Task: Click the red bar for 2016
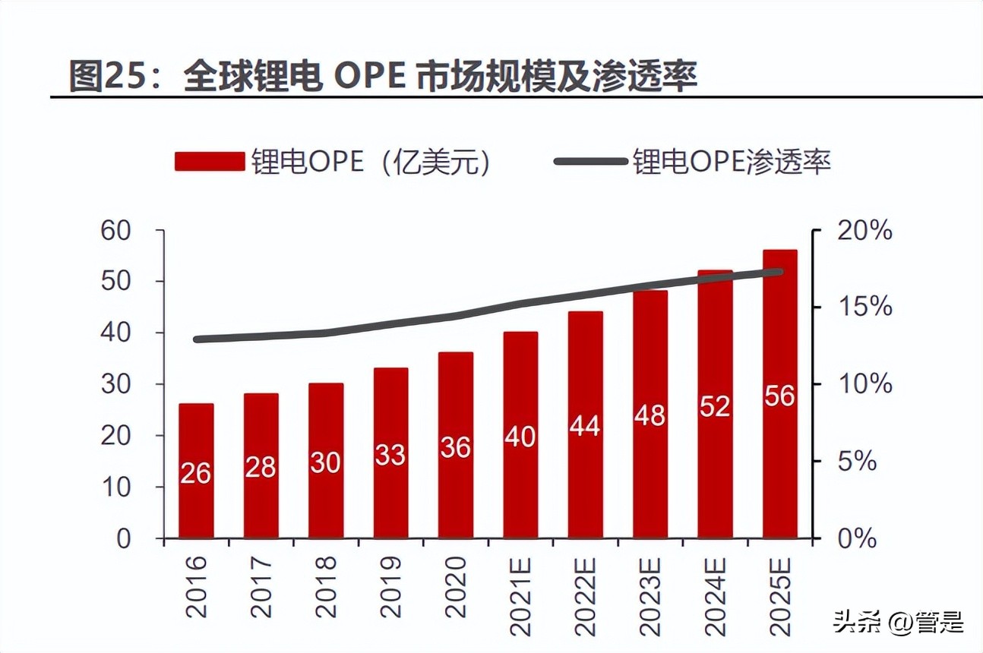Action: pos(196,471)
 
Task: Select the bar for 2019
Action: pos(390,453)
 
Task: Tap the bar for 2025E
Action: pos(779,393)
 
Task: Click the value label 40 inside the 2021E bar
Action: pos(520,437)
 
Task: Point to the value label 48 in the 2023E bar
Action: pos(650,415)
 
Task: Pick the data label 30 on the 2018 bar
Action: pos(326,462)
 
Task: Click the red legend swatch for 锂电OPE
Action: pos(210,162)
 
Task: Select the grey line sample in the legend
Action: pos(591,162)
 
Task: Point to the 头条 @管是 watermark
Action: pos(898,623)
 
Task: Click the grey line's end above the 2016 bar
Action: pos(198,339)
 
